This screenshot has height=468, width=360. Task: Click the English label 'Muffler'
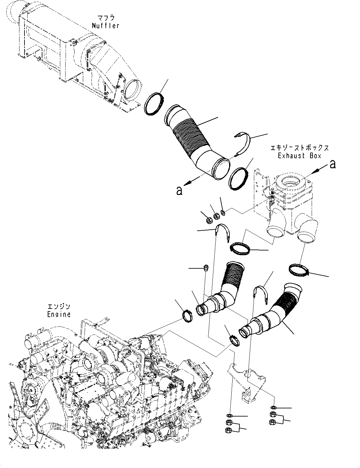click(105, 26)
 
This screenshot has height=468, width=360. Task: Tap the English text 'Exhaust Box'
click(299, 156)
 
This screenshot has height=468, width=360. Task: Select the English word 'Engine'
click(59, 314)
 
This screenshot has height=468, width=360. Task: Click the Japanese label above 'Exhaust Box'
click(299, 148)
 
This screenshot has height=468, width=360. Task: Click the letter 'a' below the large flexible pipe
click(179, 191)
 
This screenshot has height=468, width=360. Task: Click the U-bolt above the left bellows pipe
click(222, 233)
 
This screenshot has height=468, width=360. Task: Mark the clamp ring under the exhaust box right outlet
click(299, 270)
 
